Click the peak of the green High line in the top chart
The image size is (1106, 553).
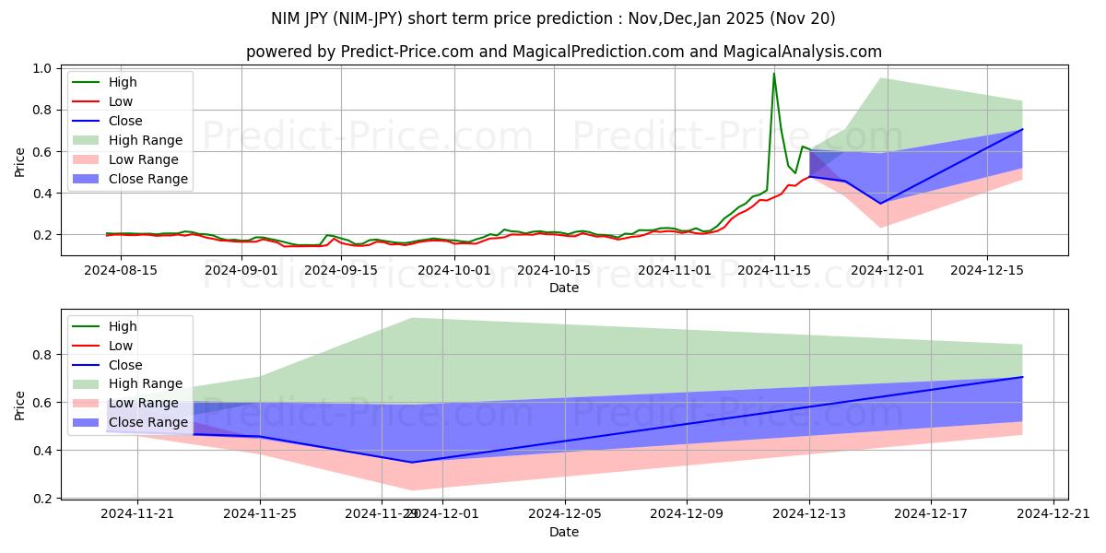pos(774,73)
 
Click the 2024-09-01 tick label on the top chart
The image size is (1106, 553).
pos(241,270)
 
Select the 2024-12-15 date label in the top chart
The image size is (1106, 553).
pos(987,270)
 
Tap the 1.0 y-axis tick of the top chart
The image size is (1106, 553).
pos(41,68)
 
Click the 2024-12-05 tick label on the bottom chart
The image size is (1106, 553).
pos(564,514)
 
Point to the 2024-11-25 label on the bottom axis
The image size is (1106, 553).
pos(259,514)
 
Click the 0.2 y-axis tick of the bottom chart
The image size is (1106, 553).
pos(41,499)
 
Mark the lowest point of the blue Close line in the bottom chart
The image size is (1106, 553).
pos(412,463)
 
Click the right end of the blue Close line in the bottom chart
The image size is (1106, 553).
pos(1022,377)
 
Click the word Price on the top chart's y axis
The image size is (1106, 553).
pos(19,162)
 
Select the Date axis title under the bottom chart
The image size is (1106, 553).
pos(564,532)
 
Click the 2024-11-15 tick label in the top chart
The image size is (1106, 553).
pos(774,270)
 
